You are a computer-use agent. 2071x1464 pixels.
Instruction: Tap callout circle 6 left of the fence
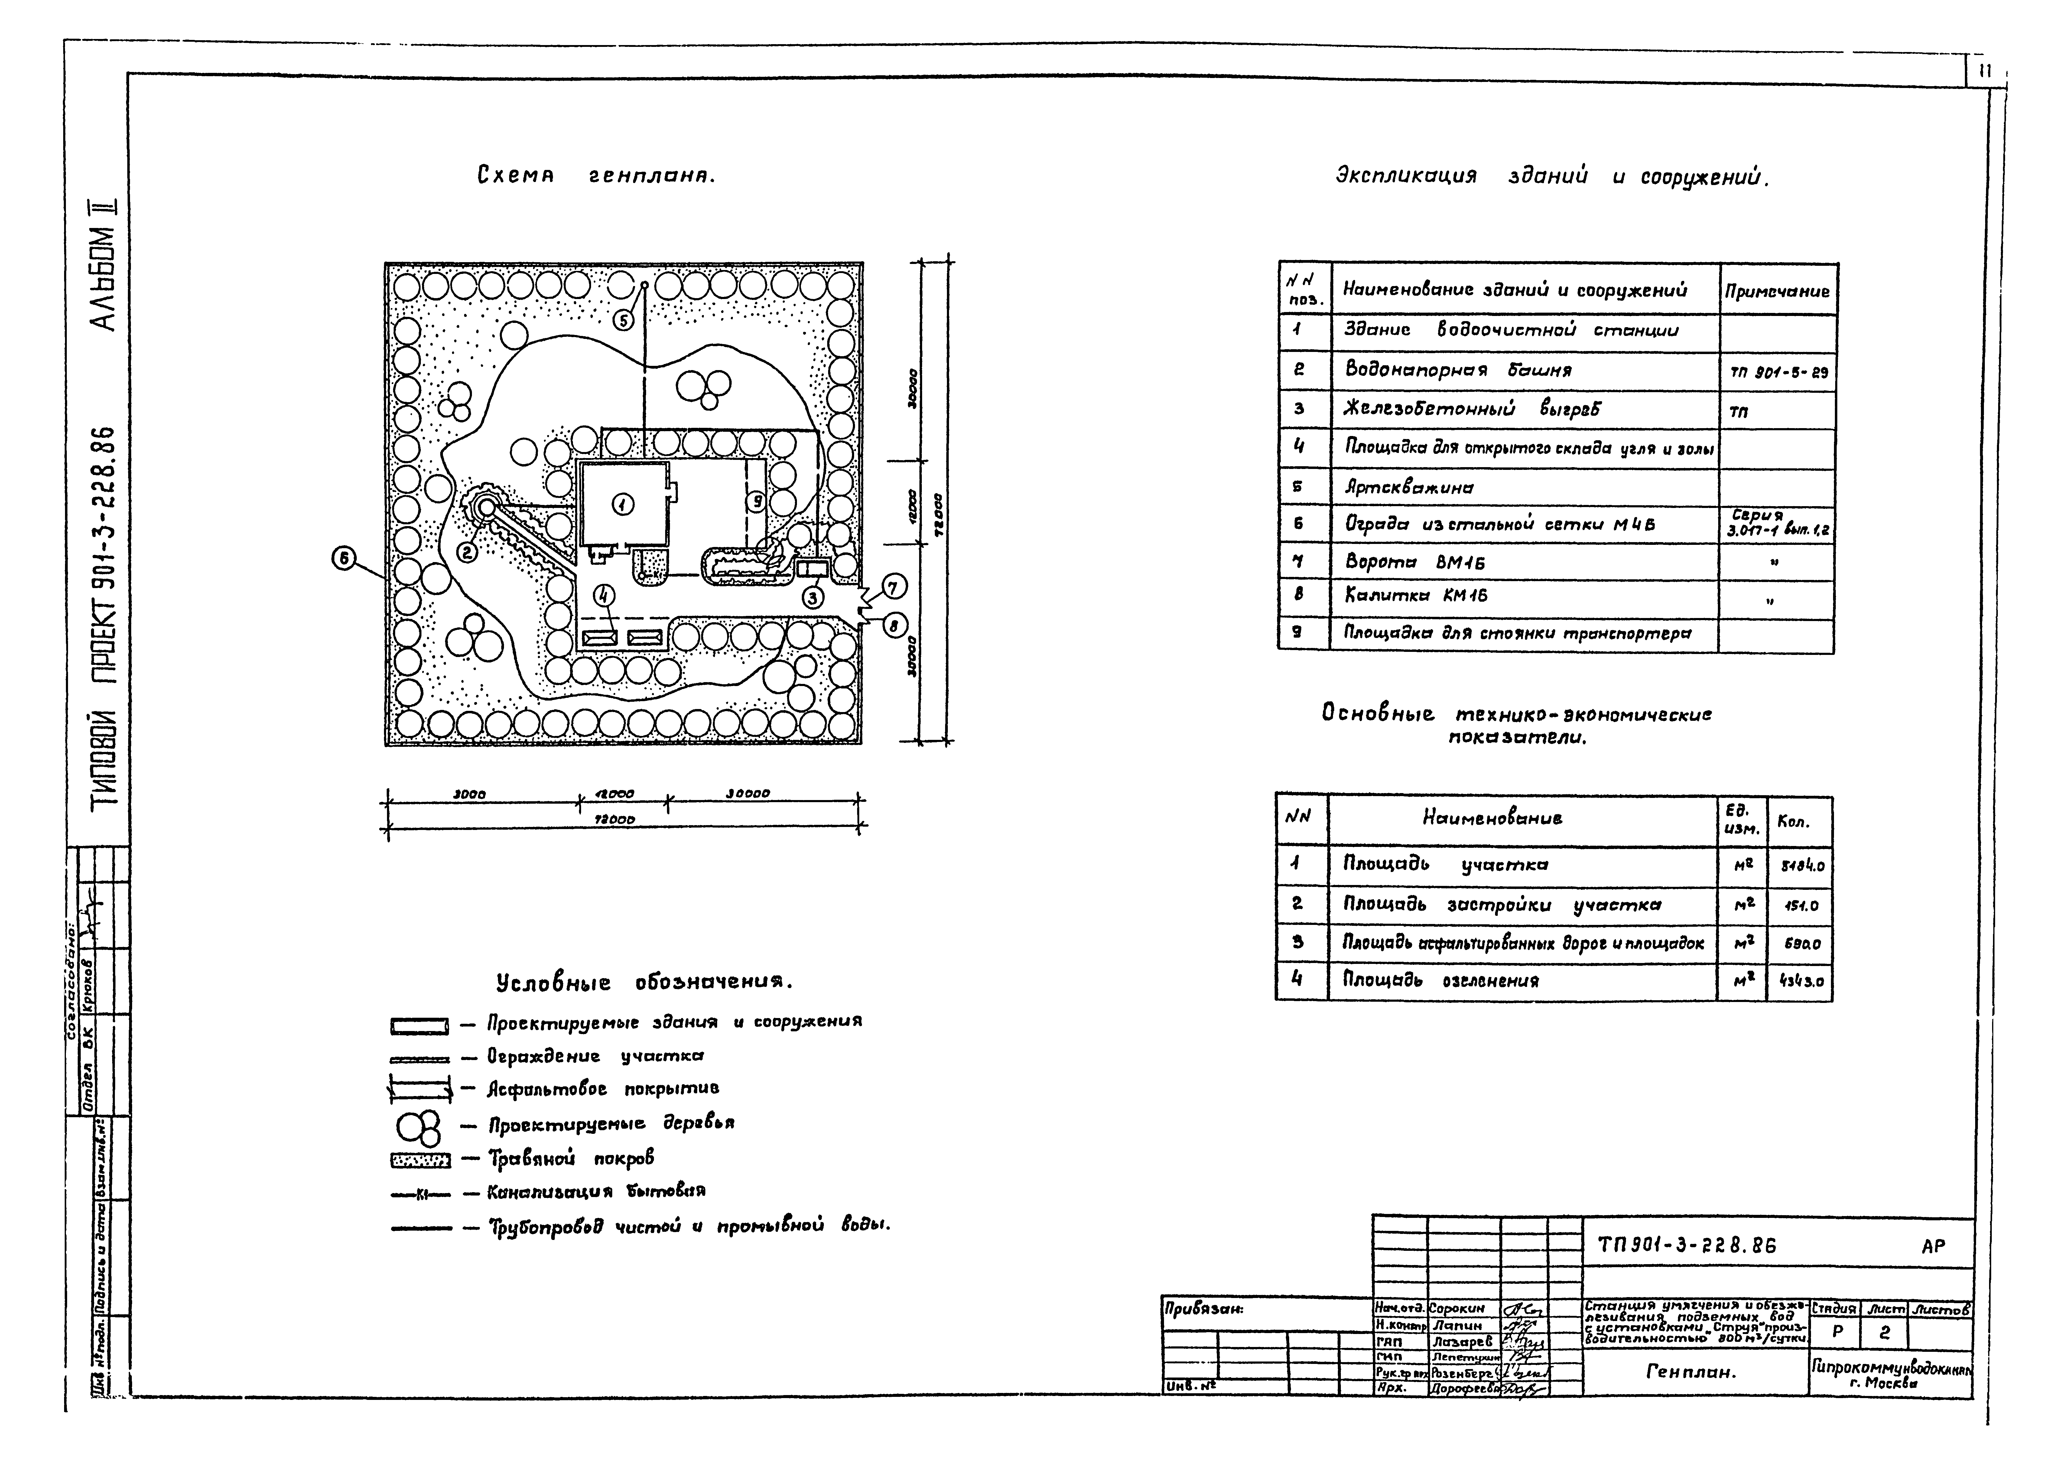343,559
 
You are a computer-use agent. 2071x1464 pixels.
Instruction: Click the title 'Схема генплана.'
595,176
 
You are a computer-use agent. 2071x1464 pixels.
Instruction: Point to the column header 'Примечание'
1777,291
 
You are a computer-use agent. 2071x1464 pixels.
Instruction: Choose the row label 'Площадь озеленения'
1441,981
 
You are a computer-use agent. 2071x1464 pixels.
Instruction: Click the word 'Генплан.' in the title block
1691,1372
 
